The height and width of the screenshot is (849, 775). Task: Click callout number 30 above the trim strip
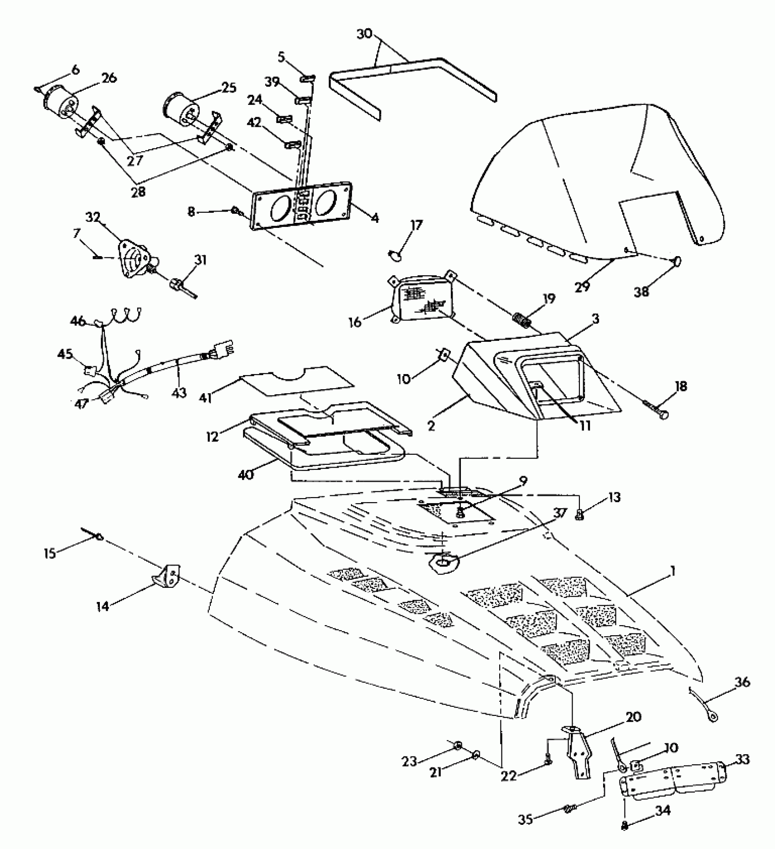point(364,34)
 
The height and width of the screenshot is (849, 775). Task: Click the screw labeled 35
point(570,808)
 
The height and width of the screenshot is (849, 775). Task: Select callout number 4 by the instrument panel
point(374,218)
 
